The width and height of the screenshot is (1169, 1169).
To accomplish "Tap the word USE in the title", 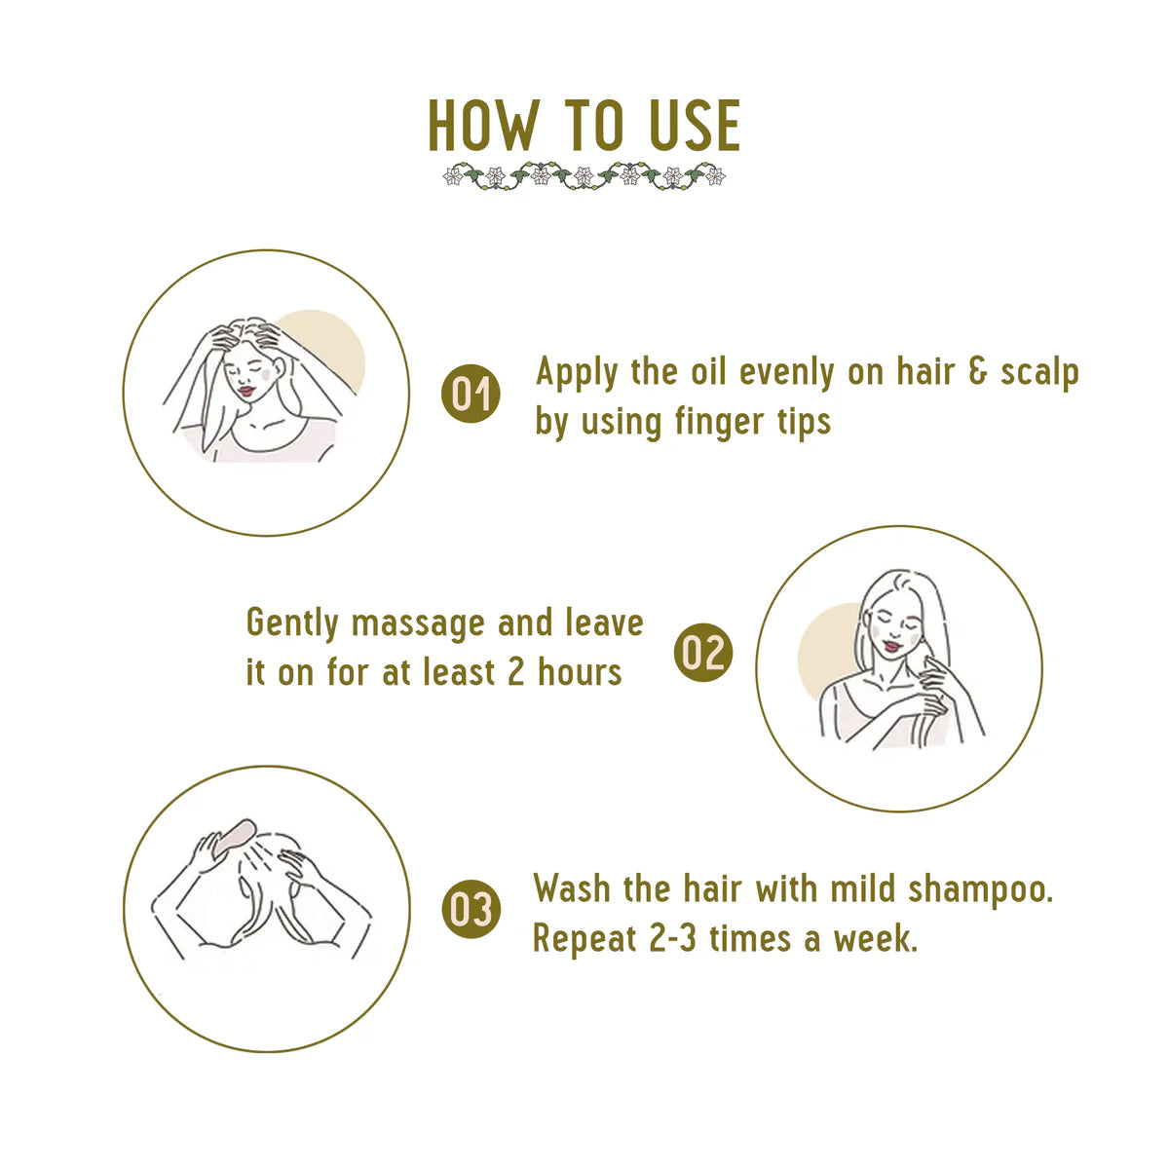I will tap(693, 127).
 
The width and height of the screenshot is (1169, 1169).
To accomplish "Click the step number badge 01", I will tap(471, 395).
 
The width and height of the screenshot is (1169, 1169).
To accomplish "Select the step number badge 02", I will tap(702, 652).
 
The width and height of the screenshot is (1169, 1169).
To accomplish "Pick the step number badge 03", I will tap(471, 910).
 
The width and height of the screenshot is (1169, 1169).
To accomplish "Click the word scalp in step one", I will tap(1039, 373).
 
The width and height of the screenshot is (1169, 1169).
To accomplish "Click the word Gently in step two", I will tap(291, 623).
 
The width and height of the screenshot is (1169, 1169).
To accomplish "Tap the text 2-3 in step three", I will tap(672, 940).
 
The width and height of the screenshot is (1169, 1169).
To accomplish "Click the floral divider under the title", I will tap(584, 177).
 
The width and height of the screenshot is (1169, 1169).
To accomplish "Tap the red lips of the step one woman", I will tap(246, 391).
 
